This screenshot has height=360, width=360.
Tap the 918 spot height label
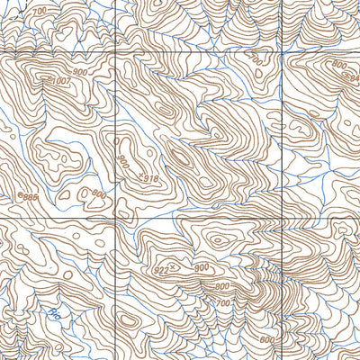pos(149,180)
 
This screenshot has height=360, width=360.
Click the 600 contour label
pos(266,339)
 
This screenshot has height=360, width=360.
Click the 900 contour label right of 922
pos(200,267)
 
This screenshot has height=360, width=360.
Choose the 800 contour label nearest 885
pos(98,194)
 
